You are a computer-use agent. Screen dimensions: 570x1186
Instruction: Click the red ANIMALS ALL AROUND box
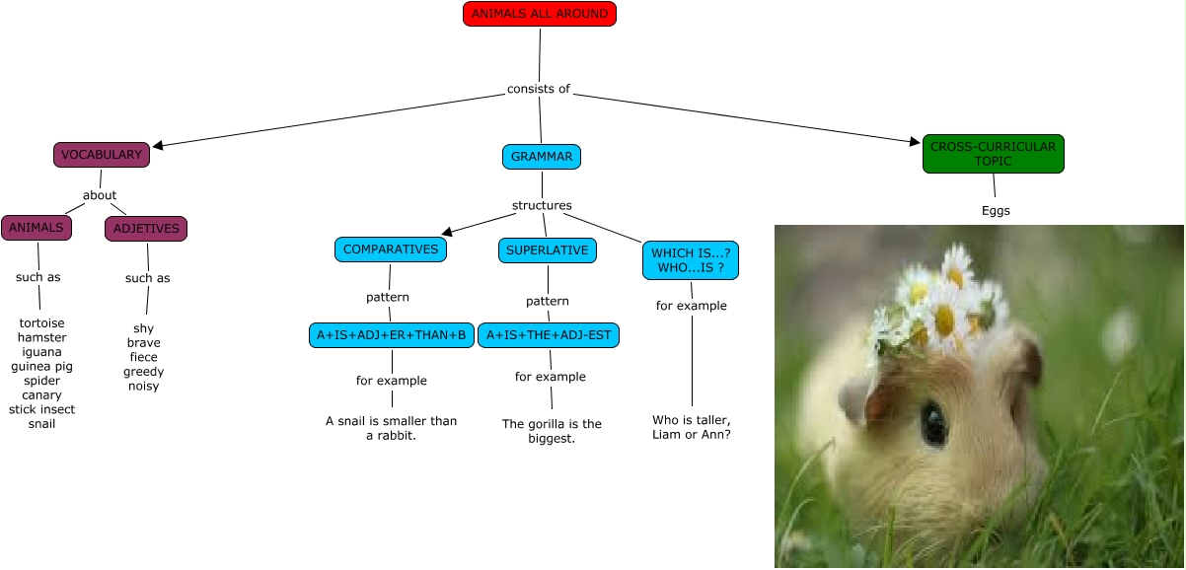(x=539, y=14)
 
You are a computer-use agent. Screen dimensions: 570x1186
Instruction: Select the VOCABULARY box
(x=102, y=155)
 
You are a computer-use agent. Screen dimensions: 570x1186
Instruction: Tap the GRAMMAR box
(x=542, y=157)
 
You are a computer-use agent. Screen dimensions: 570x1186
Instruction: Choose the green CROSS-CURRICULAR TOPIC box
(x=993, y=154)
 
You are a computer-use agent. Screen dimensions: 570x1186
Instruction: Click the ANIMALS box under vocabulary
(x=37, y=228)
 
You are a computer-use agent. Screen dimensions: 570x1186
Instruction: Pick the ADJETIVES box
(x=146, y=229)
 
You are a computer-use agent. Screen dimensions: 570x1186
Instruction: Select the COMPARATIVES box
(x=391, y=250)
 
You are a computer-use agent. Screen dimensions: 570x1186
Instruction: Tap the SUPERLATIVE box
(x=547, y=250)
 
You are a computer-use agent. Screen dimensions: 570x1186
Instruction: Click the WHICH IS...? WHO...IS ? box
(x=691, y=260)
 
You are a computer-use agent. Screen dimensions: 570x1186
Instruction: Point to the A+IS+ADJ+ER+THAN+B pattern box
(x=391, y=335)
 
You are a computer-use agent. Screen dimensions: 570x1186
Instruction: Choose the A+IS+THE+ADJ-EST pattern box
(x=549, y=335)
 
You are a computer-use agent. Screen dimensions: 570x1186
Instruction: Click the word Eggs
(x=996, y=211)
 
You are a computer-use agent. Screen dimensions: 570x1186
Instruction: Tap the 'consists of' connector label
(x=539, y=89)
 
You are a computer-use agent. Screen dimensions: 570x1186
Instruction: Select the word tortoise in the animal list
(x=41, y=323)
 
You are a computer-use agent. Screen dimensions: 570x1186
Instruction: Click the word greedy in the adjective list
(x=143, y=372)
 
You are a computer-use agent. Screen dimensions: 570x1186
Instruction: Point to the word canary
(x=41, y=395)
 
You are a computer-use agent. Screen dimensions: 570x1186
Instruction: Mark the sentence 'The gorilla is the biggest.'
(x=552, y=431)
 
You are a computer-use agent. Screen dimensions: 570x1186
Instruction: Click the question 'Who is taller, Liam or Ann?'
(x=692, y=427)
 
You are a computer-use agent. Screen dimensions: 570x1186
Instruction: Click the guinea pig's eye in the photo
(x=932, y=421)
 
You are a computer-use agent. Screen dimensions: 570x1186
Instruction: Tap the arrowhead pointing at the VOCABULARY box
(x=158, y=146)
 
